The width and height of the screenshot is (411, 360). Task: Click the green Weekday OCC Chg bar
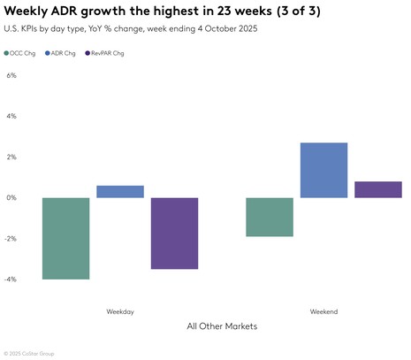66,238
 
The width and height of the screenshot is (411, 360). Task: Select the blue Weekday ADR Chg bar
120,191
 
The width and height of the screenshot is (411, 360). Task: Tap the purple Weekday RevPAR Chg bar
174,233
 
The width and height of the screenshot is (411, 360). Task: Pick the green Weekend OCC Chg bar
270,217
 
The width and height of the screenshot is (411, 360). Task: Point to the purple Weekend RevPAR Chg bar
377,189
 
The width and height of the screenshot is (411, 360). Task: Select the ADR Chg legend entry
63,53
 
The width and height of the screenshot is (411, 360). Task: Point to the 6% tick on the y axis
11,75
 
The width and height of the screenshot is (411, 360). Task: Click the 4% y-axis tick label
11,116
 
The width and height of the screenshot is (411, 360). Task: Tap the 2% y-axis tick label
11,157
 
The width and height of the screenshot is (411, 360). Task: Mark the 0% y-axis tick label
11,197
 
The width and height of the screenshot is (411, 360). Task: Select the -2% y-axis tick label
11,239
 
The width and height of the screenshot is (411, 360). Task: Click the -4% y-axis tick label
11,280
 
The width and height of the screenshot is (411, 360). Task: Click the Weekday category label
120,311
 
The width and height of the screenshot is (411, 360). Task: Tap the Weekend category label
323,311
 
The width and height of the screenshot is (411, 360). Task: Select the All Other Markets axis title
222,326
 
